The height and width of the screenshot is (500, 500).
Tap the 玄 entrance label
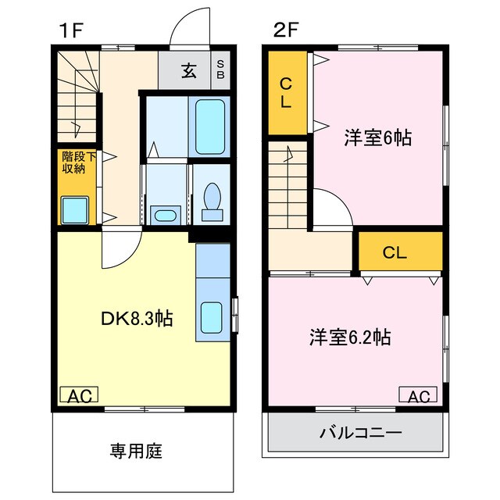pos(189,71)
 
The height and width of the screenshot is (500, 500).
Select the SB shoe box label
pos(221,70)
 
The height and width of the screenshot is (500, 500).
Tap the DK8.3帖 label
pos(136,319)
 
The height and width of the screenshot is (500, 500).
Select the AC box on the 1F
pos(79,396)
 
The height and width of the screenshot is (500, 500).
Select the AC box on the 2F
pos(419,396)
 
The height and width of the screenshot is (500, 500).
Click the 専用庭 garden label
pos(136,451)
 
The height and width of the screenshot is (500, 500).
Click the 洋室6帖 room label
pos(378,139)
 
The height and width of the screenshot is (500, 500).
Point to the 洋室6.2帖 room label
pos(349,338)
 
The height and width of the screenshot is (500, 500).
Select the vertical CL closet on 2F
pos(287,92)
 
